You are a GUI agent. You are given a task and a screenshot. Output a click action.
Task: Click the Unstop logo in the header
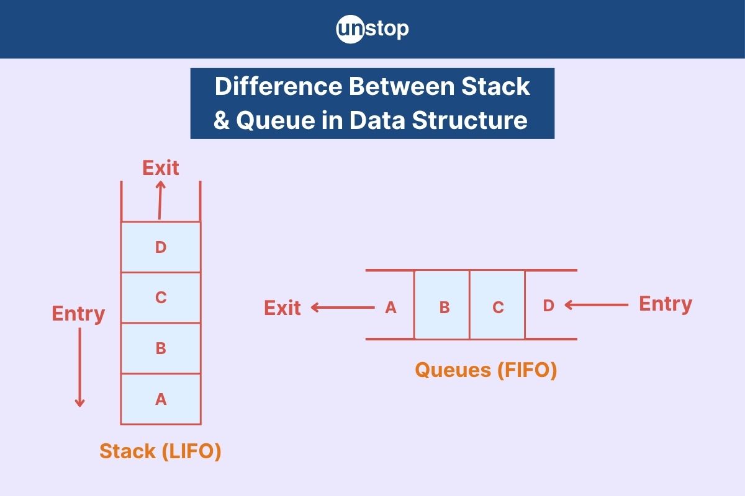coord(372,29)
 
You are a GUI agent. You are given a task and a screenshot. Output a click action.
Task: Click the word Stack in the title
coord(495,87)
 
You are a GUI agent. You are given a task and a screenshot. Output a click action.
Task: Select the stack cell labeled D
coord(161,247)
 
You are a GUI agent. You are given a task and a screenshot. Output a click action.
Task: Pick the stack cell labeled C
coord(161,298)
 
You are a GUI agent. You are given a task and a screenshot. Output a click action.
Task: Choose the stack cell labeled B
coord(161,348)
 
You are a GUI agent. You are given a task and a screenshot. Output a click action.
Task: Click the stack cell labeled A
coord(161,399)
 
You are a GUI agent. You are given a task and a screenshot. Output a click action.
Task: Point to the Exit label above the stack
coord(161,168)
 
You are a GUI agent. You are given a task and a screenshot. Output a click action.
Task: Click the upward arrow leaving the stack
coord(160,200)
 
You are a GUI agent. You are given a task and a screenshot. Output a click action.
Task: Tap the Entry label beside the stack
coord(78,314)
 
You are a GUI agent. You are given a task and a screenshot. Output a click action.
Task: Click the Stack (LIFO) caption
coord(160,451)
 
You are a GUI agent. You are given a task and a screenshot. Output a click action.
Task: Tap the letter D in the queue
coord(548,306)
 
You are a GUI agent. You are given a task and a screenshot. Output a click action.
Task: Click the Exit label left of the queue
coord(282,308)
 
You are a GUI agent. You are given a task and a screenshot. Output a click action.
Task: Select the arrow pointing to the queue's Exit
coord(341,307)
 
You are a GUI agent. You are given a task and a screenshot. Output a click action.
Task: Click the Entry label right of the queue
coord(666,304)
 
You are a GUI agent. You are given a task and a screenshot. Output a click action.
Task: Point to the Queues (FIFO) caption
coord(485,370)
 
